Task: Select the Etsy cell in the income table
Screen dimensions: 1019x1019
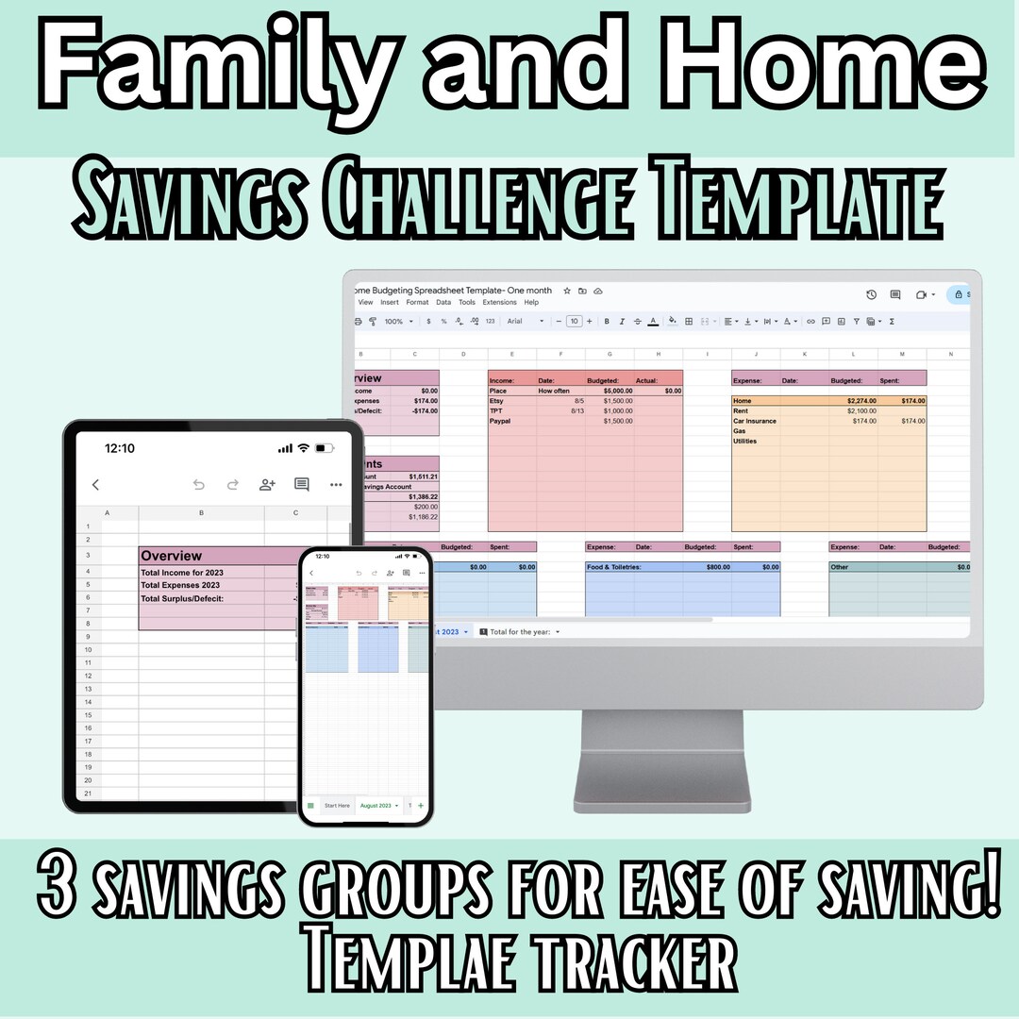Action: click(x=497, y=400)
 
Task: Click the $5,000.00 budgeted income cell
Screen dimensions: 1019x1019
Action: click(x=617, y=391)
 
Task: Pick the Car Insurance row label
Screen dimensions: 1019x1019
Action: click(x=756, y=421)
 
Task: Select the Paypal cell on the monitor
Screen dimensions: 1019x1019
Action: click(x=501, y=421)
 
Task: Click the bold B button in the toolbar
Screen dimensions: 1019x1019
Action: click(x=606, y=322)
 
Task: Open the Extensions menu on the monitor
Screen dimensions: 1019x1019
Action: click(x=499, y=303)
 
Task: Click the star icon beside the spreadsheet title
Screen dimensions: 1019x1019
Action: click(x=566, y=291)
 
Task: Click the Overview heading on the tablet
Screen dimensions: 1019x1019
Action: click(x=172, y=556)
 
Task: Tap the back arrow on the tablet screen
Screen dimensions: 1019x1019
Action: click(x=95, y=485)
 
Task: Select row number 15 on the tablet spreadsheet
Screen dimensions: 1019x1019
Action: click(x=88, y=715)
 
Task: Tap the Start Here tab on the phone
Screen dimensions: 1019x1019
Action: click(x=336, y=806)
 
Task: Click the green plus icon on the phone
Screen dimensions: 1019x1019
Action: click(x=420, y=806)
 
